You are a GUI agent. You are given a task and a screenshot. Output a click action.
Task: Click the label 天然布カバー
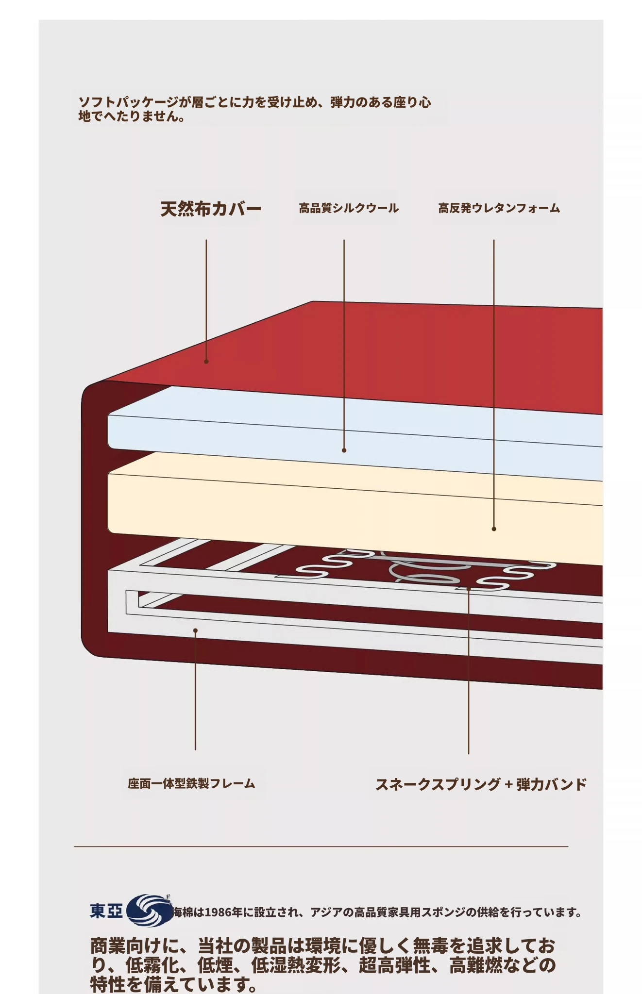point(211,209)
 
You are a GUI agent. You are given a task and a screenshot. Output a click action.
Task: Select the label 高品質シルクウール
point(349,208)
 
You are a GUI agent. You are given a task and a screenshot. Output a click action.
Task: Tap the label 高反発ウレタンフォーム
point(499,208)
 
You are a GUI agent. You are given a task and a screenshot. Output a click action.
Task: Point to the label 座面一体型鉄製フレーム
point(191,783)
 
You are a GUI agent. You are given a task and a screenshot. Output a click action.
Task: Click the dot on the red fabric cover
point(206,362)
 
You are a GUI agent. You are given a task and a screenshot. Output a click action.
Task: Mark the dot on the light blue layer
point(344,450)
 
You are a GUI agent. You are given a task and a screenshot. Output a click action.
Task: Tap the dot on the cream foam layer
point(494,529)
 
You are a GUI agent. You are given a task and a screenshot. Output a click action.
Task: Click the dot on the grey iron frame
point(195,631)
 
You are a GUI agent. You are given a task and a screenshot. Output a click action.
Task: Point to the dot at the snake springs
point(469,589)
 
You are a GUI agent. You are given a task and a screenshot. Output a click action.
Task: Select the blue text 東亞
point(106,911)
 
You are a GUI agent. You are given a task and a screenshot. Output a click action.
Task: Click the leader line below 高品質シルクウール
point(344,345)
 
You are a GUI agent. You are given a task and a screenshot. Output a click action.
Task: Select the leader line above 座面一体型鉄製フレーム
point(195,690)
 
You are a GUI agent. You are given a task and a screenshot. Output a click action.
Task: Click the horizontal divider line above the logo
point(321,846)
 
